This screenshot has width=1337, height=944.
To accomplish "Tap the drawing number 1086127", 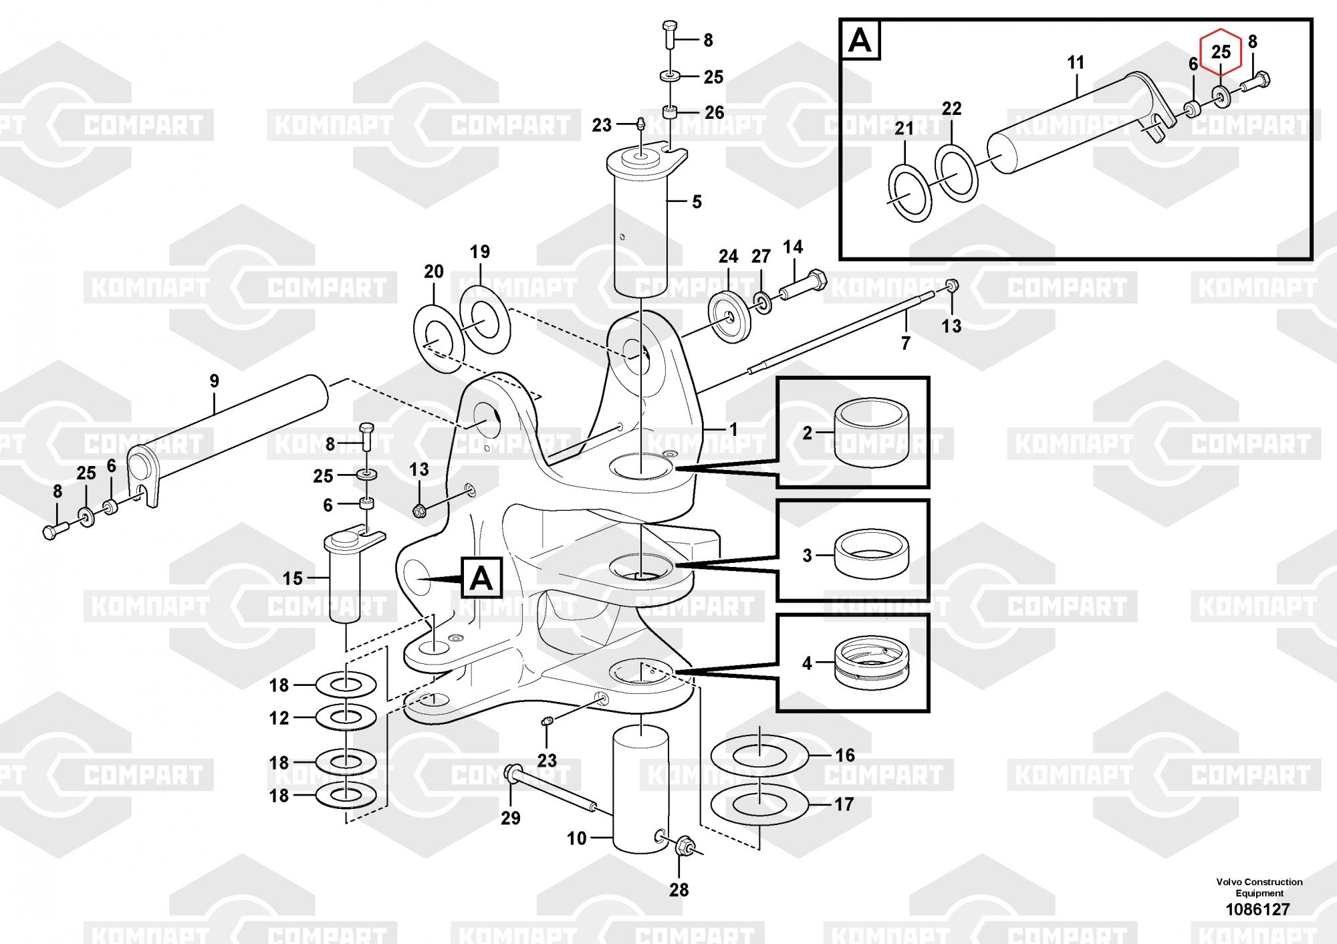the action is tap(1257, 909).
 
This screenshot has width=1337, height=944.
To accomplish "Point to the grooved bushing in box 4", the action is tap(870, 663).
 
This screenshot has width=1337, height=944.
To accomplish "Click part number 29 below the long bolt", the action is tap(511, 818).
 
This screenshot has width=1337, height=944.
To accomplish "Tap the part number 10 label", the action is tap(576, 838).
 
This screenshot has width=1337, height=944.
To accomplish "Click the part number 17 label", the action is tap(844, 804).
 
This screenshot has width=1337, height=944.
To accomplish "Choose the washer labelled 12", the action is tap(346, 717).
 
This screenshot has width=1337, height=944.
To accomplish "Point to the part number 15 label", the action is tap(292, 578).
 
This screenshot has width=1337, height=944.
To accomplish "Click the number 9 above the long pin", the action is tap(214, 381).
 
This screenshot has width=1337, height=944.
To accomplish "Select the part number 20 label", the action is tap(434, 271).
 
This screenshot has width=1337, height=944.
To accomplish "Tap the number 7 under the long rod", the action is tap(906, 343).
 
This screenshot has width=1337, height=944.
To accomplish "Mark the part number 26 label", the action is tap(714, 112).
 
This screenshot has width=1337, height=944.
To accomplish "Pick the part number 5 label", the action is tap(697, 201).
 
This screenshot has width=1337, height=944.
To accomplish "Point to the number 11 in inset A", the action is tap(1076, 63).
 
